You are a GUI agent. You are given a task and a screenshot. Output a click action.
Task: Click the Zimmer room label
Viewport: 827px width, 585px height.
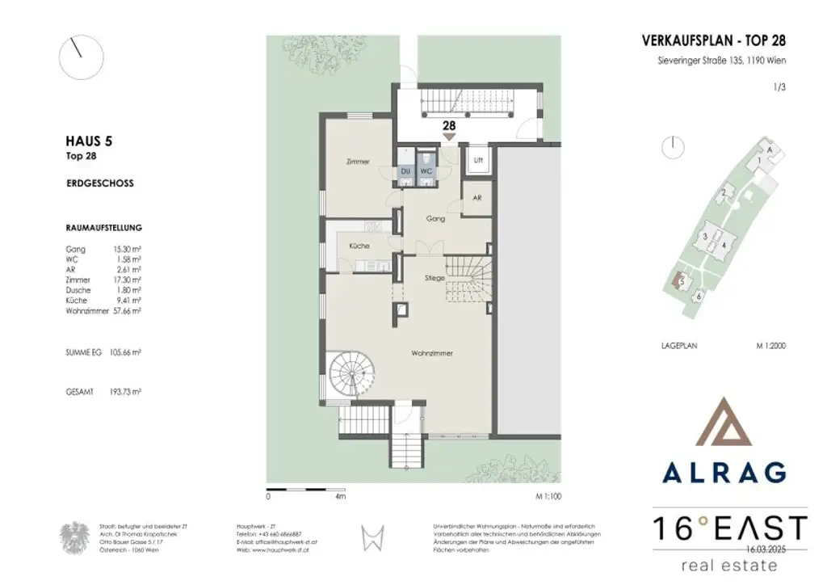tap(357, 162)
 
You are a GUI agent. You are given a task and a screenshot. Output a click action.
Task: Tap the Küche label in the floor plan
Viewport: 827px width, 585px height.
tap(359, 246)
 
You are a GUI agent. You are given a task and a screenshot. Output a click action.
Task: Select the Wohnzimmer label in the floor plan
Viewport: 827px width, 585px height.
tap(431, 354)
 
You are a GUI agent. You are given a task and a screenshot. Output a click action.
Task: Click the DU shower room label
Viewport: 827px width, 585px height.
tap(405, 171)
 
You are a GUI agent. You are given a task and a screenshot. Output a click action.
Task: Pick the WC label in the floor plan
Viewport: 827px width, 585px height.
tap(426, 171)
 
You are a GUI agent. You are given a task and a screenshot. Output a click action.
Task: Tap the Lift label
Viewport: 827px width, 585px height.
tap(478, 160)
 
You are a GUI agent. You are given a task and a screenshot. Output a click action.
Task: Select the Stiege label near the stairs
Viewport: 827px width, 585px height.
tap(434, 277)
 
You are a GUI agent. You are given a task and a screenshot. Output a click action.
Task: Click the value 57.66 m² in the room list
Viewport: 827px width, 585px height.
tap(128, 310)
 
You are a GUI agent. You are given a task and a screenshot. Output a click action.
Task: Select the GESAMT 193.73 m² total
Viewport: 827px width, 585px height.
tap(103, 391)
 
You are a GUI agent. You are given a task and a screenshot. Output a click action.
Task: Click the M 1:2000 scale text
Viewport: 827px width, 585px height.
tap(770, 345)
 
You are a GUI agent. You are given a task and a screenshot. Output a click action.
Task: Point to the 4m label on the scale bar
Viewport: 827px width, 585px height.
tap(340, 498)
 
